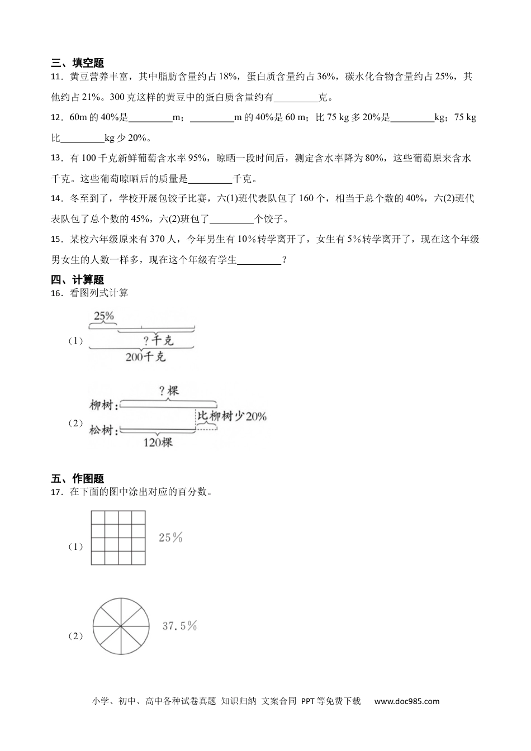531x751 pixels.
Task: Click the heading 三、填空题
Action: pos(77,63)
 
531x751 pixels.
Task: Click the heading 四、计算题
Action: pos(77,280)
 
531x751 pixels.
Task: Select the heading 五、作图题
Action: pos(77,479)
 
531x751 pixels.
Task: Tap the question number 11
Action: pos(56,77)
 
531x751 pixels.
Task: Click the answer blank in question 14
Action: pos(233,220)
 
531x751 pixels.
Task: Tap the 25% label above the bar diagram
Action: pos(104,316)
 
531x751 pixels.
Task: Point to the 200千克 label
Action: pos(145,357)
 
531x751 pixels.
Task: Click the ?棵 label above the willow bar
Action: pos(169,391)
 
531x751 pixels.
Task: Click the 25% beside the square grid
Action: pos(170,538)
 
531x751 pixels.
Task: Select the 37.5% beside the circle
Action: pos(179,626)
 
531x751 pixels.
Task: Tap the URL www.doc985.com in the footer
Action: pos(407,701)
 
